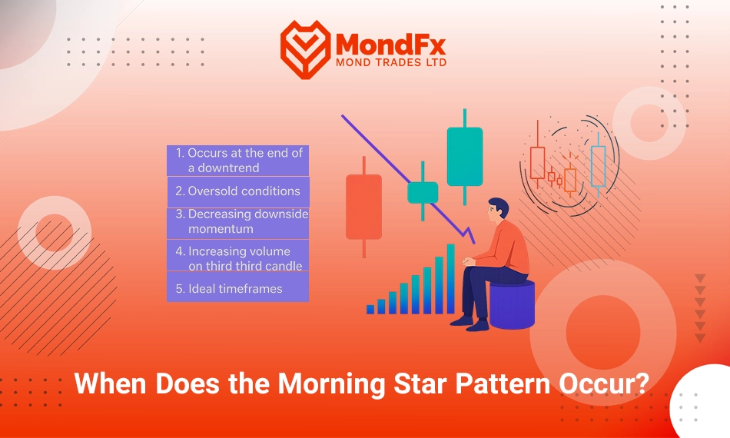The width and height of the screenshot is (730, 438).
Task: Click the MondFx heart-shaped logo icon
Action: coord(305,49)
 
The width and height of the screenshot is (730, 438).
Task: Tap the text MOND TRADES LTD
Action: coord(391,62)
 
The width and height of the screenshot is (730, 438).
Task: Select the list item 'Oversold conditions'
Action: coord(238,191)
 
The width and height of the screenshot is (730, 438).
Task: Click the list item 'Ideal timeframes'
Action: coord(238,289)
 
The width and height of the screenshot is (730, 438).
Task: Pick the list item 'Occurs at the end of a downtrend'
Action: coord(238,161)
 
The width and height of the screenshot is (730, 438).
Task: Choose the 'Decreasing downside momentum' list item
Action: coord(238,222)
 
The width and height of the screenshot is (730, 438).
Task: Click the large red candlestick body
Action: coord(363,207)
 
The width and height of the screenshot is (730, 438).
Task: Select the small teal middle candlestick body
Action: coord(423,193)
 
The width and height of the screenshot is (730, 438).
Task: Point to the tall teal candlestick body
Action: coord(465,157)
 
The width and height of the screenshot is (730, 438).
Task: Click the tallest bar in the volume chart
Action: coord(450,279)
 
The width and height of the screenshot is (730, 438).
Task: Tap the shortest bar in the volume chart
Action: coord(370,309)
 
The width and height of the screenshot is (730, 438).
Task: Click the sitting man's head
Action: coord(498,210)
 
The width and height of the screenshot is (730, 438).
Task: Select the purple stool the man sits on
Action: coord(512,305)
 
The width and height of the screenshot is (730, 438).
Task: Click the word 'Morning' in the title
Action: coord(331,384)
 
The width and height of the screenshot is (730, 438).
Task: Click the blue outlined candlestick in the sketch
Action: coord(598,166)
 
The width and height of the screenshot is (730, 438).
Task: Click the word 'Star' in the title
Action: coord(420,384)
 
